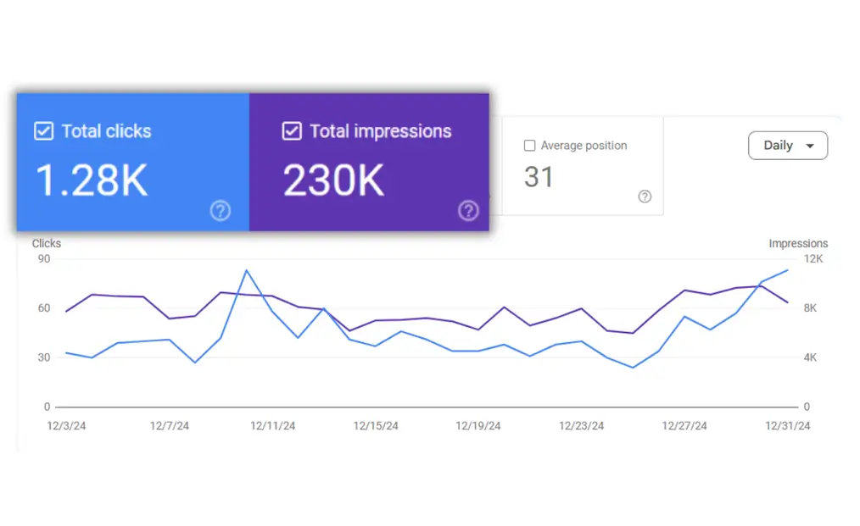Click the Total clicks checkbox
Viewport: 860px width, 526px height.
click(43, 131)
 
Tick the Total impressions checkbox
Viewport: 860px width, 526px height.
click(292, 131)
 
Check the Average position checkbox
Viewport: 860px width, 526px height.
click(530, 146)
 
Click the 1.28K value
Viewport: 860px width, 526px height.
click(92, 180)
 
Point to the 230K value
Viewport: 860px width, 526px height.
click(335, 180)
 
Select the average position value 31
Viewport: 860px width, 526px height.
click(539, 177)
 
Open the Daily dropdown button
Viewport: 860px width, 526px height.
click(788, 146)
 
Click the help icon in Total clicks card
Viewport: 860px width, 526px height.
click(220, 211)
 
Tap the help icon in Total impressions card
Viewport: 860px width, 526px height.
click(468, 211)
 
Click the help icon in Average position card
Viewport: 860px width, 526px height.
click(645, 197)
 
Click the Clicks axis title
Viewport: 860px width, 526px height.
click(47, 244)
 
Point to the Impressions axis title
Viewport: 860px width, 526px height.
click(798, 244)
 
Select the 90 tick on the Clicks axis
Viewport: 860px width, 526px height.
click(44, 259)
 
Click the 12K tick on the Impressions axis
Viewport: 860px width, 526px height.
click(813, 259)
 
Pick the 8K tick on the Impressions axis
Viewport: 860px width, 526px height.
click(810, 308)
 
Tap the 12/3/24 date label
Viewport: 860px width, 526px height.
click(66, 426)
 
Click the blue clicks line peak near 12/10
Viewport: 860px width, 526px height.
click(246, 270)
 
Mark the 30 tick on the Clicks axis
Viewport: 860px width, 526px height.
click(44, 357)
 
